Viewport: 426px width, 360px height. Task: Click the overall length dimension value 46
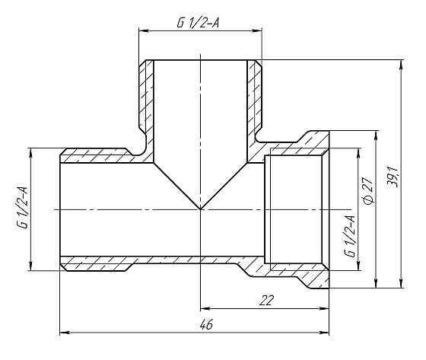point(205,323)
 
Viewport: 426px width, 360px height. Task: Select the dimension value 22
point(265,300)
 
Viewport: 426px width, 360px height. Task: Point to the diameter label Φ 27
point(368,190)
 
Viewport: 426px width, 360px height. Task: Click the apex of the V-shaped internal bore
point(200,209)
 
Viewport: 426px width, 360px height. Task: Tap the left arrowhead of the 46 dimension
point(63,333)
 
